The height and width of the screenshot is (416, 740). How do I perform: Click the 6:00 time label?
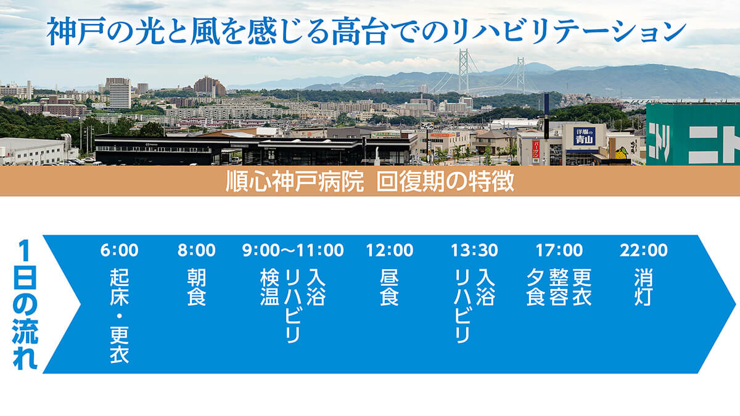119,250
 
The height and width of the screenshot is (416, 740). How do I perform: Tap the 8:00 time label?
197,250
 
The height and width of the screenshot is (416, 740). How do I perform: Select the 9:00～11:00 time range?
293,250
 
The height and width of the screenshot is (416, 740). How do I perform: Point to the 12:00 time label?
390,250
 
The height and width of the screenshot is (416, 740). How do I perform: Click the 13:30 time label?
474,250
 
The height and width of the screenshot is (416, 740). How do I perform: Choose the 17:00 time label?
559,250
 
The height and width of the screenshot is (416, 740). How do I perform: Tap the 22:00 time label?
644,250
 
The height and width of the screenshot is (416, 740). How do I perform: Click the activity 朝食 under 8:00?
197,287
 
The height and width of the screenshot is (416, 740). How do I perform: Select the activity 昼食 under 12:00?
390,287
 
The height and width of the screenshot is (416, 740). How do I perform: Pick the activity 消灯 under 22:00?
644,287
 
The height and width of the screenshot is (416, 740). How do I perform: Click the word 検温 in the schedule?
269,287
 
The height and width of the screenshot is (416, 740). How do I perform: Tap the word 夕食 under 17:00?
535,287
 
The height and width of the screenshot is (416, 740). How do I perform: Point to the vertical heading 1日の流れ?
25,304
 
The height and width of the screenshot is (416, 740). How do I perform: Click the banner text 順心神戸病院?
295,181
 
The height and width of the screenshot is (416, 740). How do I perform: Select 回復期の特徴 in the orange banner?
445,181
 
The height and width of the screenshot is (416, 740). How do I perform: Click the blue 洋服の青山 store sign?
584,136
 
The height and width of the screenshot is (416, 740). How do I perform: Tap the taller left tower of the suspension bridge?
463,71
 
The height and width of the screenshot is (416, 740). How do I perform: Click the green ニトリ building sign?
693,134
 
